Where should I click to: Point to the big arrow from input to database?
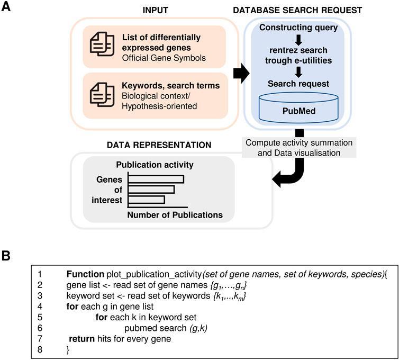pos(241,74)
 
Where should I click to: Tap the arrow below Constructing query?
pos(298,40)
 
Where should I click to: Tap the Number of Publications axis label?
pos(175,215)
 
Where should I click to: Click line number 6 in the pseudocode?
pos(40,328)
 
